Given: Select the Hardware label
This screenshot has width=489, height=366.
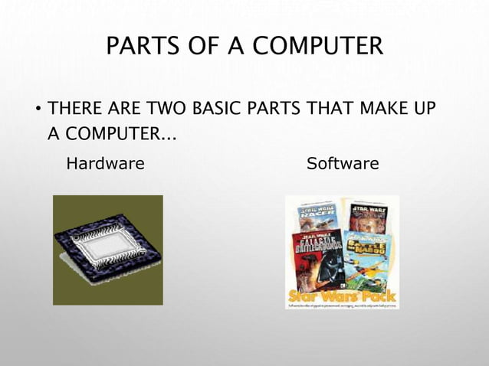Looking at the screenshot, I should click(x=105, y=164).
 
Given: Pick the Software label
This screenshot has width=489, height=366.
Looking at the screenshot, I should click(x=342, y=164).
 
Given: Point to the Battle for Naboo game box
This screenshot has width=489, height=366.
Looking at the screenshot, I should click(x=368, y=260).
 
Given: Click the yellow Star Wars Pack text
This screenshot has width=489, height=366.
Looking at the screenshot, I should click(x=342, y=295).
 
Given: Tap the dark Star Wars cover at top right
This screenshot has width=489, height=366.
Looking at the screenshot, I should click(x=369, y=216).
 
